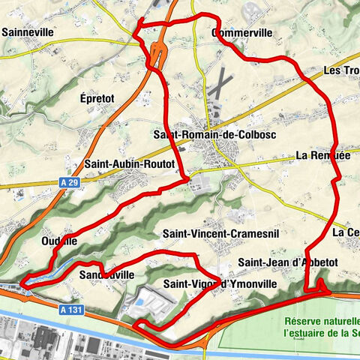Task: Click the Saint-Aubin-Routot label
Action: (x=130, y=163)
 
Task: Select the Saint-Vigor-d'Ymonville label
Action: (x=220, y=284)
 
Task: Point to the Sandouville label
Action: (x=106, y=275)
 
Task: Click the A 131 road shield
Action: (x=69, y=307)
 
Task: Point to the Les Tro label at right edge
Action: (x=340, y=70)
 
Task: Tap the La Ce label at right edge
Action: (x=346, y=232)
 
